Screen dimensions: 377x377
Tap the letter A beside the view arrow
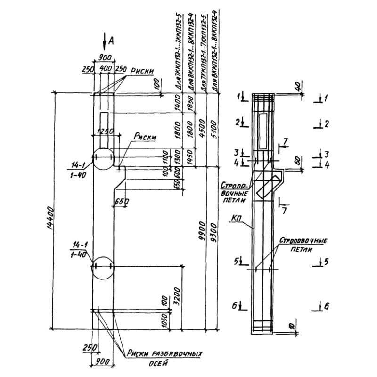coord(111,41)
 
